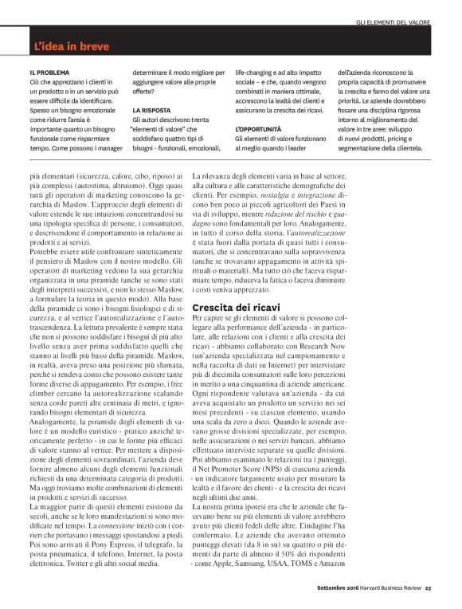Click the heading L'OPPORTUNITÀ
click(258, 128)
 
